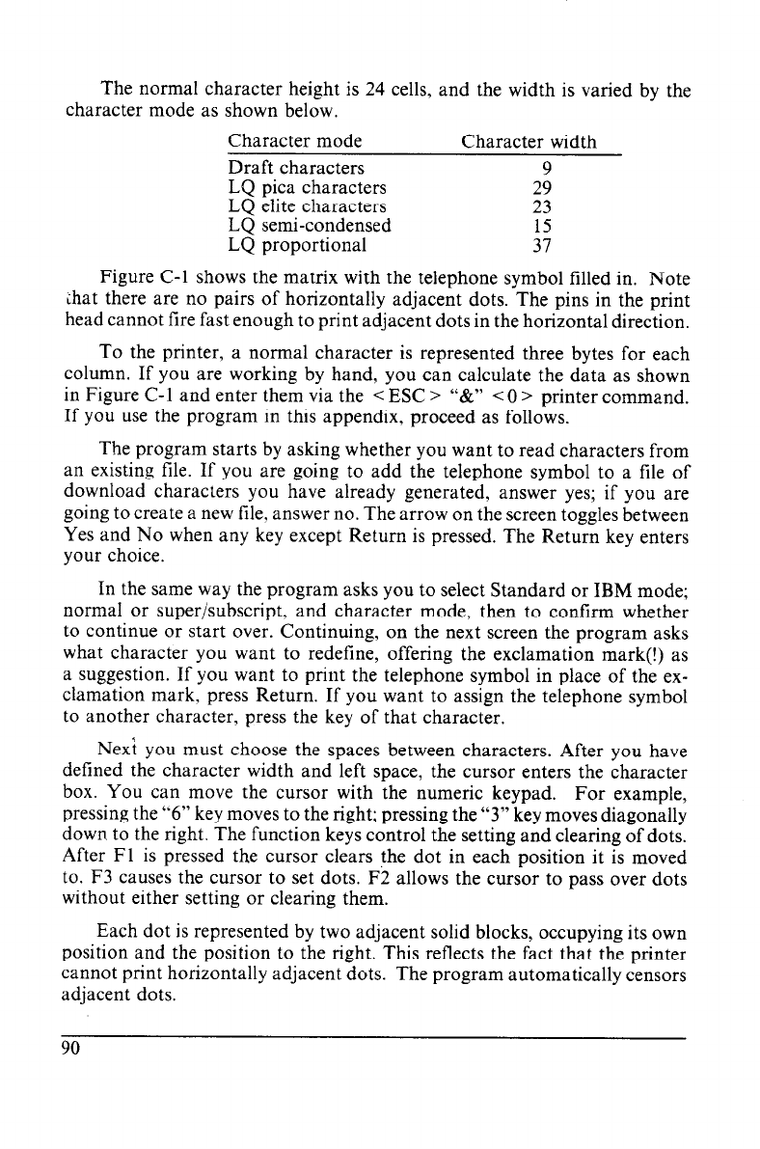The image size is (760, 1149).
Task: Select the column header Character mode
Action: click(x=294, y=143)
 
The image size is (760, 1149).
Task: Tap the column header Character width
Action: click(x=529, y=143)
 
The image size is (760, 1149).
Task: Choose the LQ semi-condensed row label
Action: click(x=309, y=225)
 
